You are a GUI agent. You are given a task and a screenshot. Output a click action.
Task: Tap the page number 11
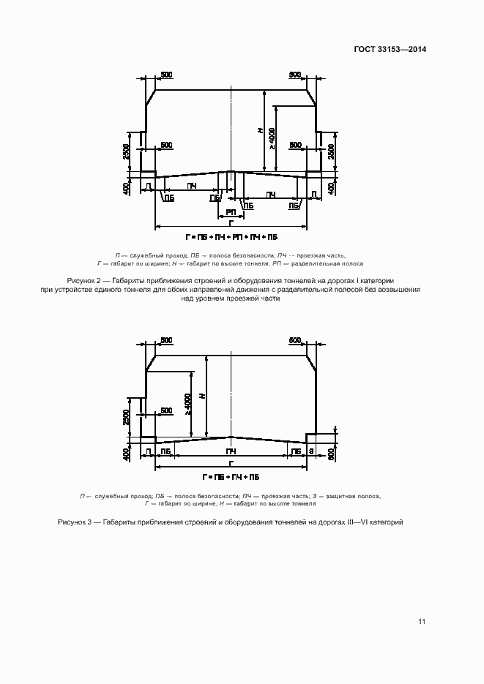point(422,622)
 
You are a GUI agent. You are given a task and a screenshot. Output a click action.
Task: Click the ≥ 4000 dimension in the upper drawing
point(272,139)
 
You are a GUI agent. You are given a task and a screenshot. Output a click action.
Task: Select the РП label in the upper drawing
point(230,211)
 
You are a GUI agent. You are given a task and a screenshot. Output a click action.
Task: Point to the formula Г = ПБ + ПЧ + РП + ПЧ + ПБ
point(231,237)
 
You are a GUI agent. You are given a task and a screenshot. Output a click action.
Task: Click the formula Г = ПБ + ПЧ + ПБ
point(231,476)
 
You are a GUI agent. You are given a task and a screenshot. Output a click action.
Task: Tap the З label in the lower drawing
point(311,452)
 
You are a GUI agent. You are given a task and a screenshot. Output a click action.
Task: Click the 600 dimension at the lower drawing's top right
point(295,341)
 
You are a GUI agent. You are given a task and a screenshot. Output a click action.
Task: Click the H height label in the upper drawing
point(260,130)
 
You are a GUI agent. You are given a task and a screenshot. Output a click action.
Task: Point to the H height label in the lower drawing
point(203,396)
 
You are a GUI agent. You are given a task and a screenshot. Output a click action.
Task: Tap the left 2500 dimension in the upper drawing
point(127,152)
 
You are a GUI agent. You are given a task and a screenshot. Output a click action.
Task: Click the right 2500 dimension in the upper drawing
point(332,152)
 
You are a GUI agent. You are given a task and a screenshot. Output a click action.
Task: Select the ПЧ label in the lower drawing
point(230,452)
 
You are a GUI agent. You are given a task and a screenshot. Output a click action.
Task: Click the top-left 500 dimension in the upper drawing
point(166,75)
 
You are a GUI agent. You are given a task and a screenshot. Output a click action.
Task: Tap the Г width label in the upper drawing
point(231,222)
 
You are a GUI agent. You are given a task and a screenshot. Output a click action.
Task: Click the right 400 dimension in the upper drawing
point(332,188)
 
